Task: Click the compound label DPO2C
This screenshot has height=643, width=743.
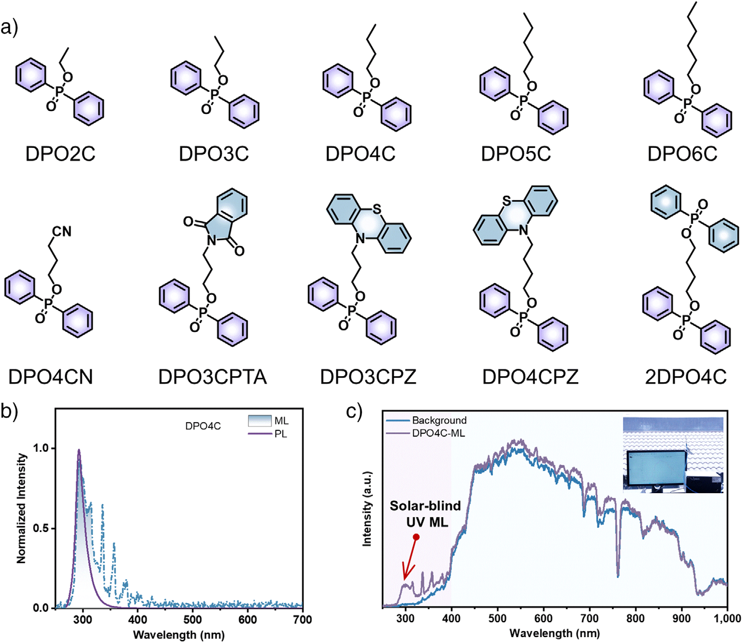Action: pos(60,154)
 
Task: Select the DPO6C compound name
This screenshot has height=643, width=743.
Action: pos(682,154)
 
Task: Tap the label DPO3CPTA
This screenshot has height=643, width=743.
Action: pos(212,377)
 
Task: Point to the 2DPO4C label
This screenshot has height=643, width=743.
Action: pos(686,377)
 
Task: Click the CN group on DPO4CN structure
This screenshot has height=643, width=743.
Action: pos(62,231)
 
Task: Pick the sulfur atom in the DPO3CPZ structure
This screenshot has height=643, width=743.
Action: pos(377,209)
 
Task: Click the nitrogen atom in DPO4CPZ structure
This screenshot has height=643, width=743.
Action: pos(523,230)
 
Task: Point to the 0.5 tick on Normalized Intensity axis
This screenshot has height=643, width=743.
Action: pos(41,528)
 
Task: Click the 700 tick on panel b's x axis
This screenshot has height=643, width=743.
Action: pos(302,619)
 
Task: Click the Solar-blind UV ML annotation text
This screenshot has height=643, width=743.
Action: pos(425,513)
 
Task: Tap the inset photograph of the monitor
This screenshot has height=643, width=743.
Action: pos(673,455)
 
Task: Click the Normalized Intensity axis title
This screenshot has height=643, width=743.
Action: pos(21,508)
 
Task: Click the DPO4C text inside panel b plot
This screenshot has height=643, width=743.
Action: pos(203,426)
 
